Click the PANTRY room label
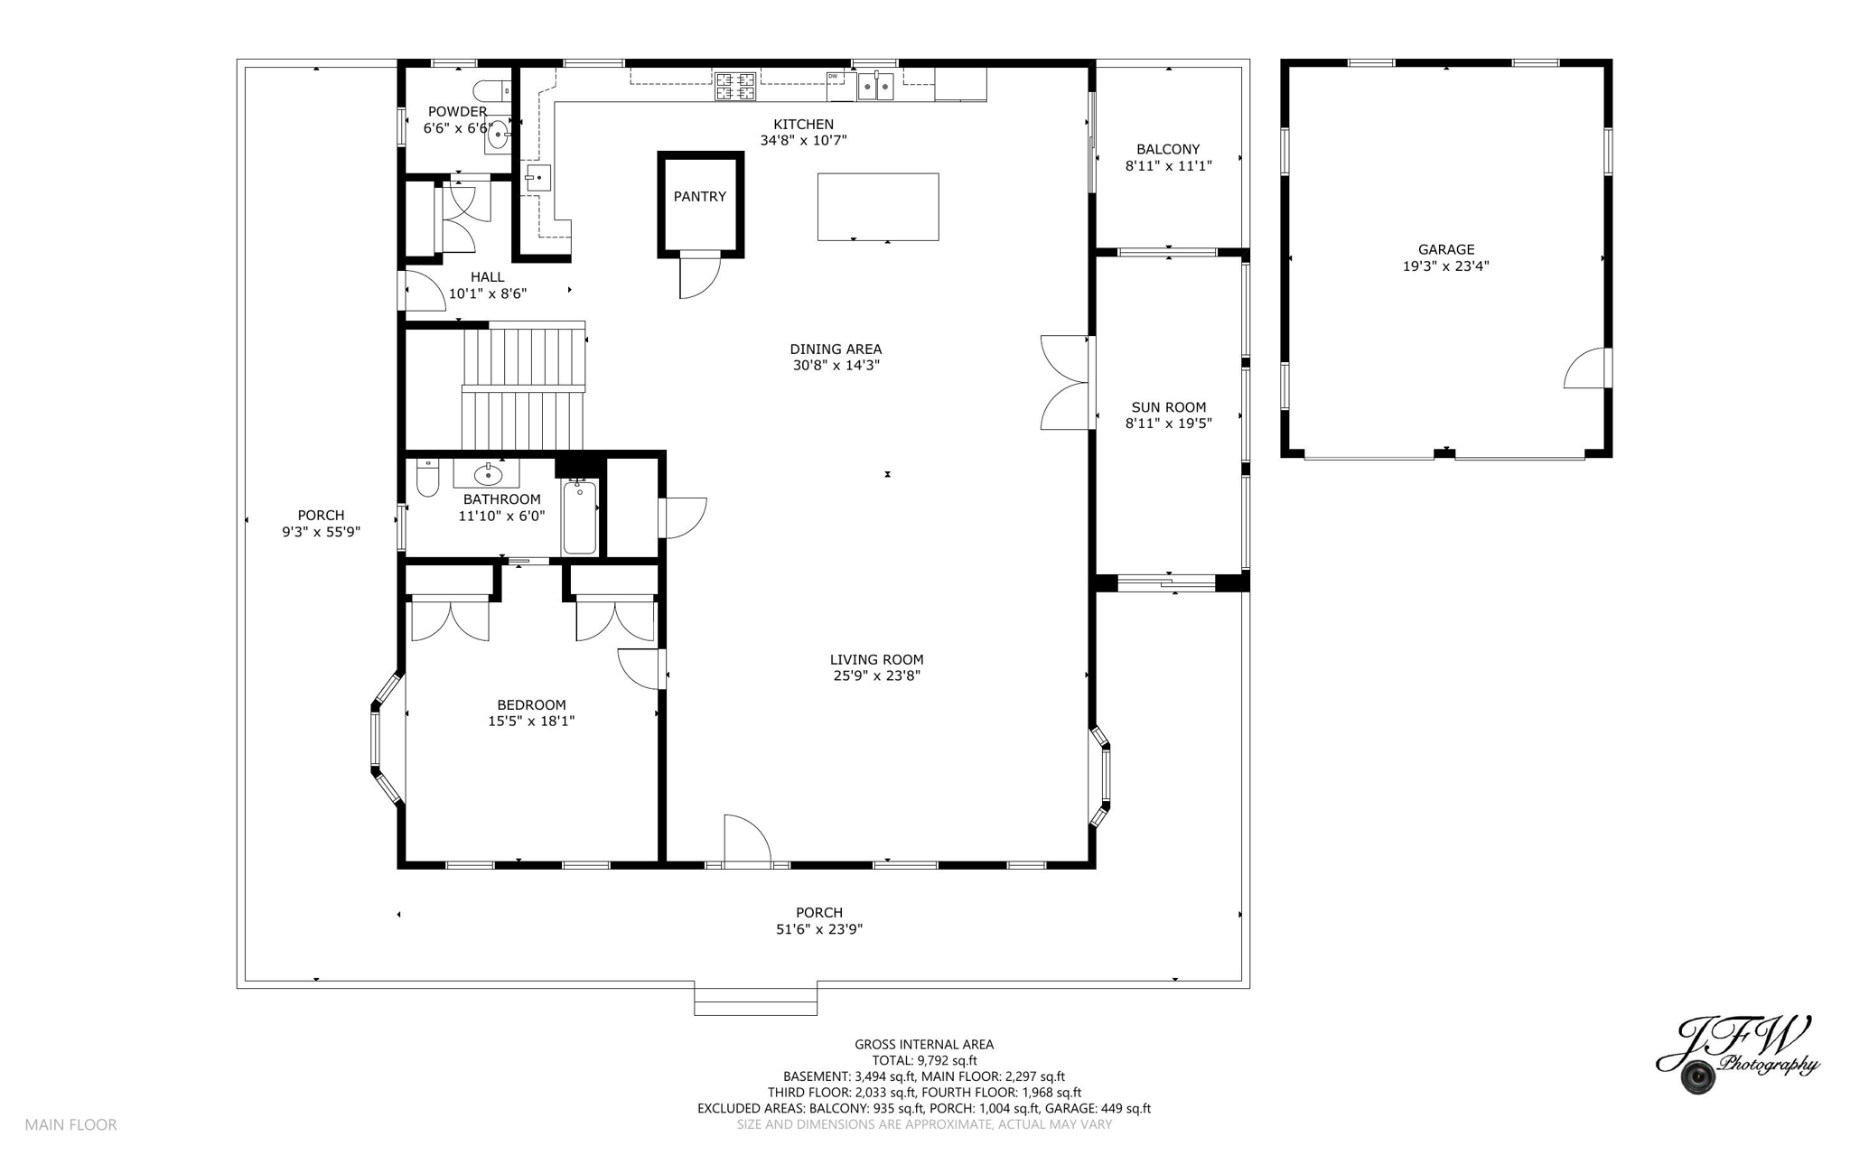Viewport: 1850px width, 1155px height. pos(699,197)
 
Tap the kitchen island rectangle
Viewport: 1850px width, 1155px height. pos(877,207)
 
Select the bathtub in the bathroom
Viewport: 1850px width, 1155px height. pos(579,517)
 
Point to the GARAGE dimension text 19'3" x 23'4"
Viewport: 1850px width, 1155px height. pos(1445,266)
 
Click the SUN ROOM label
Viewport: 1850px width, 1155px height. pos(1168,407)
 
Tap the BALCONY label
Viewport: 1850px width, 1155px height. pos(1168,150)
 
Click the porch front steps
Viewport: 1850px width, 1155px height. pos(755,1001)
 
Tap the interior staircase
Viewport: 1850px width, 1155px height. pos(524,388)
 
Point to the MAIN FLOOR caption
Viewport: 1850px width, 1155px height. pos(70,1125)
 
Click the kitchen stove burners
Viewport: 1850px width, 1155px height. pos(735,86)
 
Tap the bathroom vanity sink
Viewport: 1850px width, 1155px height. pos(488,474)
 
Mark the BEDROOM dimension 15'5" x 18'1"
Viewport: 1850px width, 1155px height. pos(531,722)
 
